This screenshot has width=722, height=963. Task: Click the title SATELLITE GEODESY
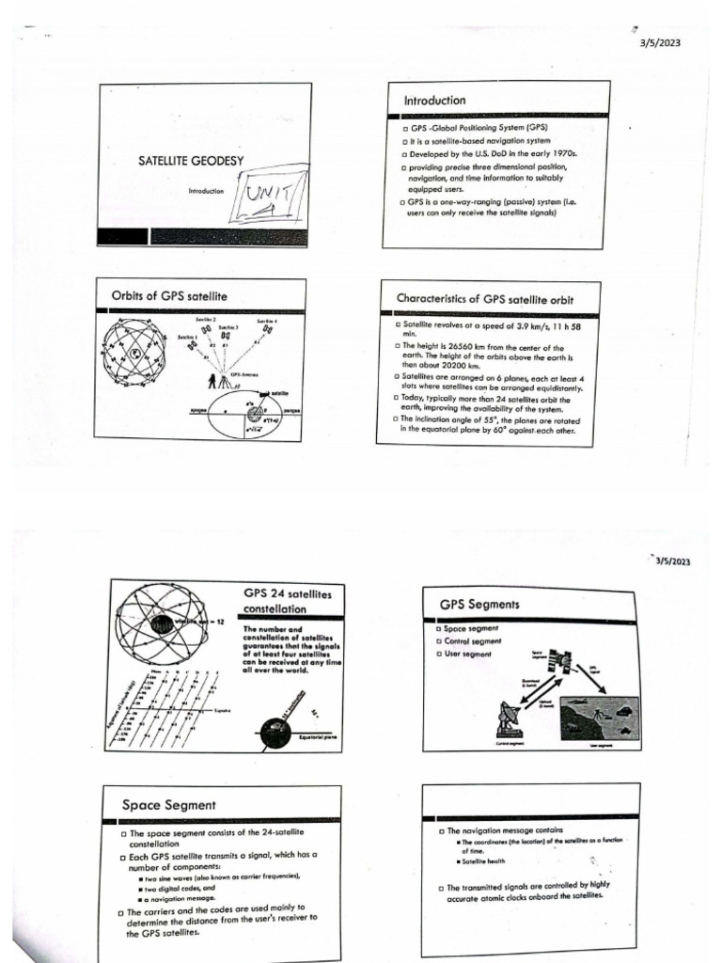click(191, 161)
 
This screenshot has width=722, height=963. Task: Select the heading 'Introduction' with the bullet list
click(434, 101)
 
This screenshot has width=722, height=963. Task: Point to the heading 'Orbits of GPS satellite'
click(169, 297)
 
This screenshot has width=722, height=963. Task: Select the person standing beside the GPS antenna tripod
click(212, 380)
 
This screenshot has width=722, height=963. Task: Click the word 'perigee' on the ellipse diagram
click(290, 412)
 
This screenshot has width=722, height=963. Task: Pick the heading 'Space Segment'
click(168, 805)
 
